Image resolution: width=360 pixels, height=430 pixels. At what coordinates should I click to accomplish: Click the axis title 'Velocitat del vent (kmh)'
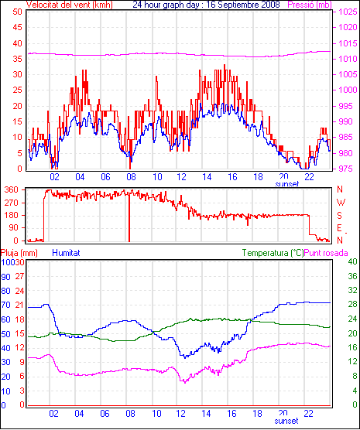(69, 5)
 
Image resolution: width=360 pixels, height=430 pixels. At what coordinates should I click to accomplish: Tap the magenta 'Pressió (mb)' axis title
(310, 5)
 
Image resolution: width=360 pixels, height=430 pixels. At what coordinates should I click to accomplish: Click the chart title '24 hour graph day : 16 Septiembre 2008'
(206, 5)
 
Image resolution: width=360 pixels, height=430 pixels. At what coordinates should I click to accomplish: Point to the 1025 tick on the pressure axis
(348, 12)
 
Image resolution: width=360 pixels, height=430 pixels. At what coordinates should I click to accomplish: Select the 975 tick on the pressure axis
(346, 169)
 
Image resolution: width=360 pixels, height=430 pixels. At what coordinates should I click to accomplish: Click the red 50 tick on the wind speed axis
(17, 12)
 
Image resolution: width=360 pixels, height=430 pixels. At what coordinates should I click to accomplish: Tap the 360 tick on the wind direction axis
(12, 189)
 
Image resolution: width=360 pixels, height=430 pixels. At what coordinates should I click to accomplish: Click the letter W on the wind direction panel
(341, 203)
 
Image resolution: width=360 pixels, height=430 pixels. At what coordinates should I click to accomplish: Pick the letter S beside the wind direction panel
(339, 216)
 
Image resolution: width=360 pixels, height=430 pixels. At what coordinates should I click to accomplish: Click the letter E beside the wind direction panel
(339, 228)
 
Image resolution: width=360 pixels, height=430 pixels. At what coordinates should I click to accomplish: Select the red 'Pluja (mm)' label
(19, 253)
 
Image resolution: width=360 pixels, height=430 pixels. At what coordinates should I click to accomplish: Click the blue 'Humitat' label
(66, 253)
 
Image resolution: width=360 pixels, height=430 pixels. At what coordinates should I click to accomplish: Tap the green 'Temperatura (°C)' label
(273, 253)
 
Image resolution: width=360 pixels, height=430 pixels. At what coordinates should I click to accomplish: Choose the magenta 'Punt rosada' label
(326, 253)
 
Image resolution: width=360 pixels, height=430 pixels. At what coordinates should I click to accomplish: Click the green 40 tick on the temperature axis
(352, 261)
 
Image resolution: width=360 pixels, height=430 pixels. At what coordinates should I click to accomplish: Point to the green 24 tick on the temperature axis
(352, 319)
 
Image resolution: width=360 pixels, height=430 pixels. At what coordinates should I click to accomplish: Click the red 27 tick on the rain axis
(19, 276)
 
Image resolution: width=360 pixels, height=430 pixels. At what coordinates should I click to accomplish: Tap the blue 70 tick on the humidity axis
(5, 305)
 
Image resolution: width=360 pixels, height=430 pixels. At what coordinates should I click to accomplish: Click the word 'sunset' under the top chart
(287, 184)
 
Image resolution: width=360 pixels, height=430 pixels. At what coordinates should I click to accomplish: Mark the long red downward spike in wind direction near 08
(129, 217)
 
